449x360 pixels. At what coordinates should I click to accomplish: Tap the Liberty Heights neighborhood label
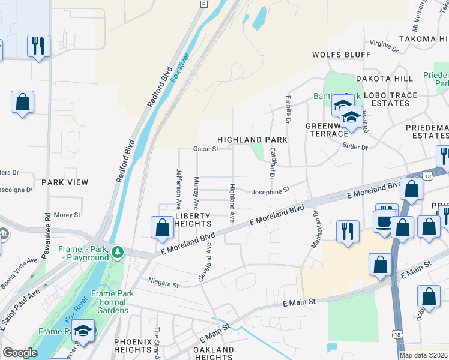[x=193, y=220]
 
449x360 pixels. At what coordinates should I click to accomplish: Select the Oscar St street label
[x=205, y=149]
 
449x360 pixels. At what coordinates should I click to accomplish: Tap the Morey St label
[x=67, y=215]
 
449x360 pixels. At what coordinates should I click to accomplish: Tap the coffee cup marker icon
[x=384, y=221]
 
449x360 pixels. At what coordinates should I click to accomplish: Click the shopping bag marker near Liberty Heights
[x=162, y=228]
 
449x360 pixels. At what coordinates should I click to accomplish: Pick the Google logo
[x=20, y=353]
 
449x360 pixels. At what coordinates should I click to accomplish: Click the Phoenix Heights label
[x=133, y=346]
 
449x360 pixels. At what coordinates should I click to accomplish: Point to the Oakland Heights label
[x=214, y=353]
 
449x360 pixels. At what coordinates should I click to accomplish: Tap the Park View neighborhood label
[x=65, y=182]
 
